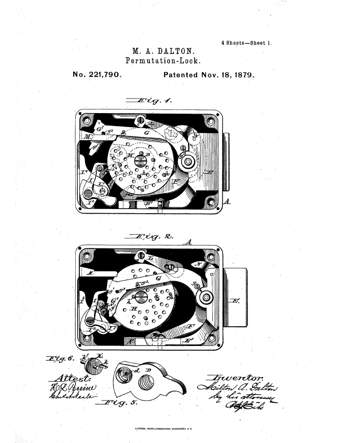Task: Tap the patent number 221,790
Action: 105,75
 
